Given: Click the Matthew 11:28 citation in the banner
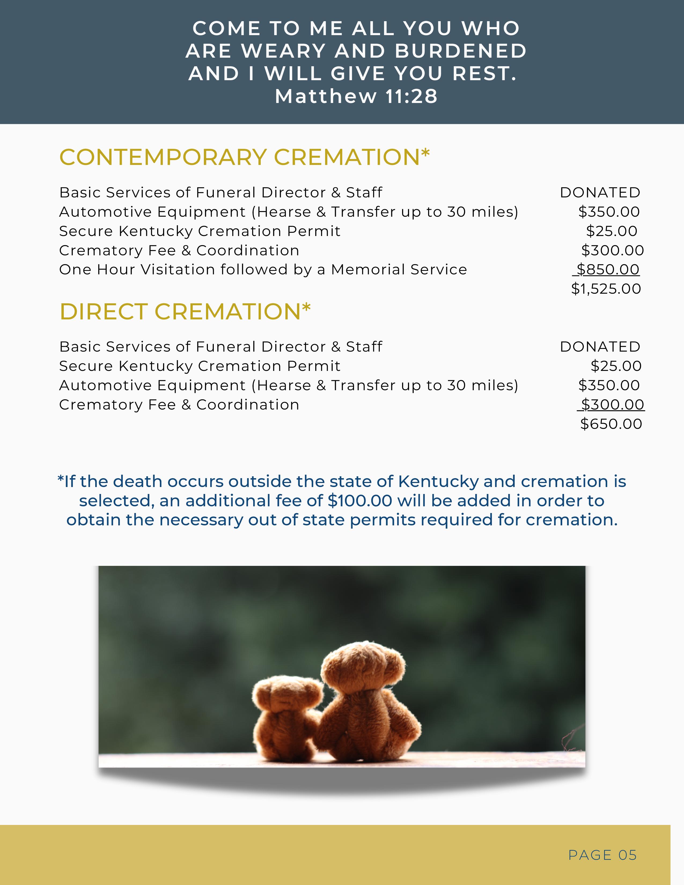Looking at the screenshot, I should [x=356, y=97].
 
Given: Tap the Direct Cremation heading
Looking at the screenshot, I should [x=185, y=312].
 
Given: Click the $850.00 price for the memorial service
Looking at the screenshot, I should [x=608, y=270].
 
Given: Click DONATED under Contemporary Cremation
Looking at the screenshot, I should [x=600, y=193].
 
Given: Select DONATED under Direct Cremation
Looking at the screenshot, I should [x=600, y=347].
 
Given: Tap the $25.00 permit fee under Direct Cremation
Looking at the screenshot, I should [x=616, y=366].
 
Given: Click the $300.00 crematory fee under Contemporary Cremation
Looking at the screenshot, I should [x=612, y=250].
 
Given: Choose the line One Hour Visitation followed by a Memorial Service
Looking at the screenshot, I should [x=263, y=270].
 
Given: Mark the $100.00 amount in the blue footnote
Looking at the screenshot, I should [x=360, y=501].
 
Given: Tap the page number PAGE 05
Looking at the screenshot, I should [x=602, y=855].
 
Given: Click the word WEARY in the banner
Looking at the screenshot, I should [x=284, y=51].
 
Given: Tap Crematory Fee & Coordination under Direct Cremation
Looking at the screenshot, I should [x=179, y=405].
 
